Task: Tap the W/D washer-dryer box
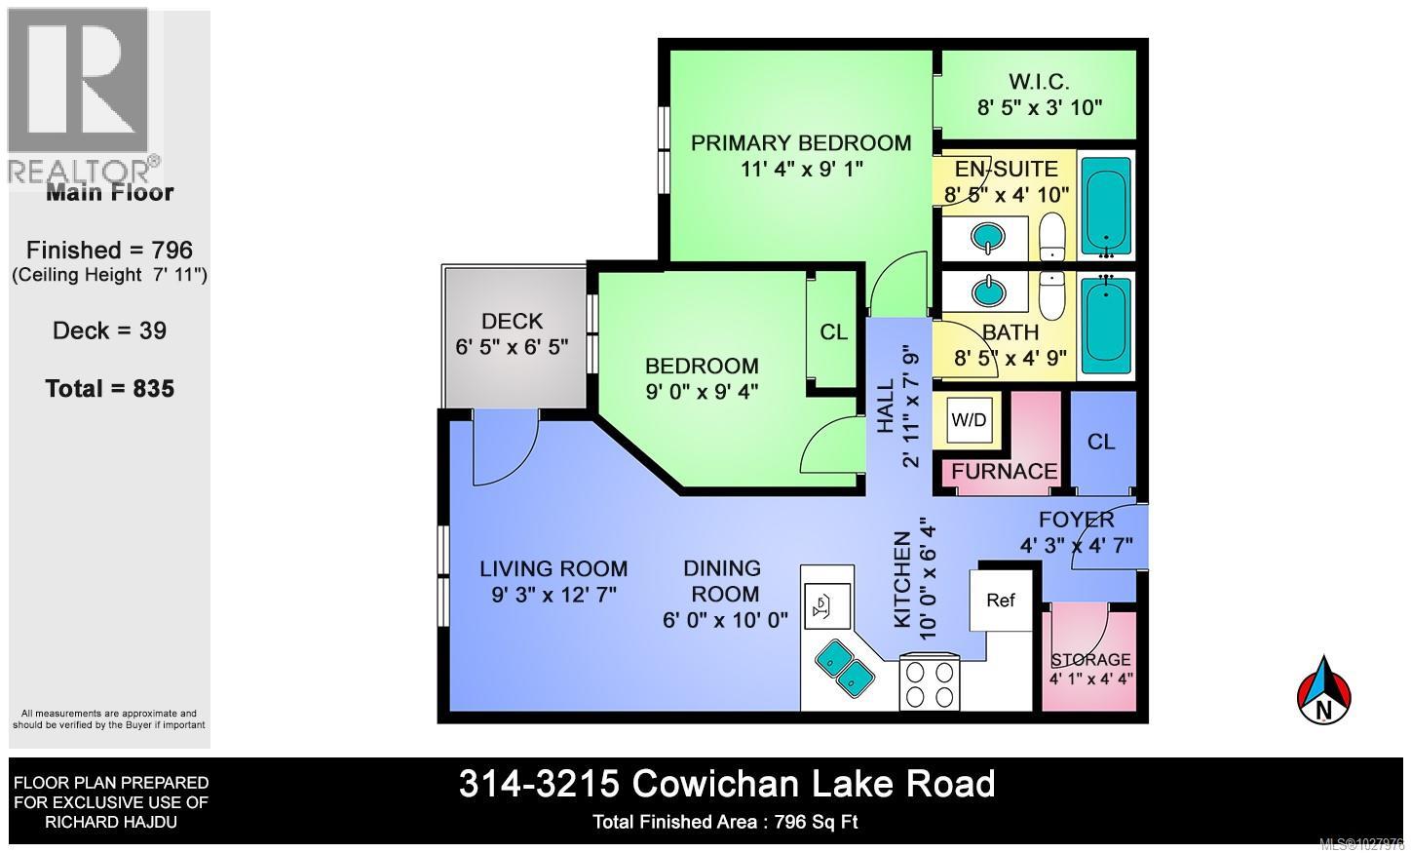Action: click(969, 420)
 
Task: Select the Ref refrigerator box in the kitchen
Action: click(1001, 600)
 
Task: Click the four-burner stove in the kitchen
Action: click(929, 683)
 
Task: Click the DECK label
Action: click(512, 321)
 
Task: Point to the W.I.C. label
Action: click(1040, 81)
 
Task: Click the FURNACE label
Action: click(1005, 472)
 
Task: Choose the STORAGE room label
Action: click(1090, 660)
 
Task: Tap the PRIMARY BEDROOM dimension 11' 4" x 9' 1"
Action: click(801, 169)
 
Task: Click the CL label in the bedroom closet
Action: click(833, 332)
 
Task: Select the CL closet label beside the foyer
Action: click(1101, 442)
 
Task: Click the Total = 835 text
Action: click(109, 388)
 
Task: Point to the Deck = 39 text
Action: click(109, 330)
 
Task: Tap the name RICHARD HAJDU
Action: click(109, 823)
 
